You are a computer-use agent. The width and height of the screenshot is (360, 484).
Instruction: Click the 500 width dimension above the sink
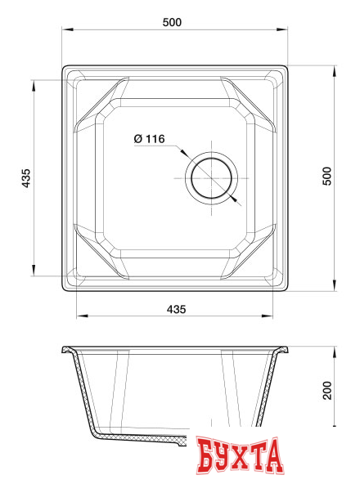tap(171, 22)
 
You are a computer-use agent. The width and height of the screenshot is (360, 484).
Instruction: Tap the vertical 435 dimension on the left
tap(25, 178)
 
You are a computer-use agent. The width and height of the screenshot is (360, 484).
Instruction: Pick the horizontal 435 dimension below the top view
tap(176, 309)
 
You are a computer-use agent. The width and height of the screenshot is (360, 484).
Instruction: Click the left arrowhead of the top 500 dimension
tap(67, 30)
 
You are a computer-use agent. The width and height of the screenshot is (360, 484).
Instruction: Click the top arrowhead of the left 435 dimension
tap(34, 83)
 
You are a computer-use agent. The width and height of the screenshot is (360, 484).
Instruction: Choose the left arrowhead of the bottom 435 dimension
tap(79, 316)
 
